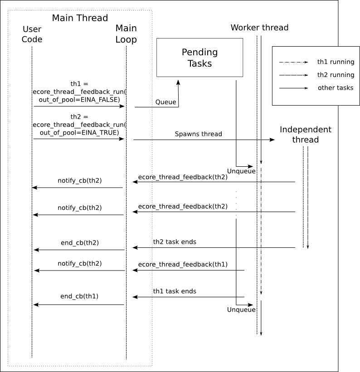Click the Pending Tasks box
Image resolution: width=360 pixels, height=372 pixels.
pos(199,58)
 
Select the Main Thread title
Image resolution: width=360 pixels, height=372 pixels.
pos(80,18)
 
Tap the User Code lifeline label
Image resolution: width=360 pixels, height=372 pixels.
pos(32,34)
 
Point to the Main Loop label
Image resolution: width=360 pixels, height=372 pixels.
pos(126,34)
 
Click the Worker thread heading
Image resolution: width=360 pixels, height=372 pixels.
pos(259,28)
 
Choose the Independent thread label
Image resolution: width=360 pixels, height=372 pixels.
pos(306,135)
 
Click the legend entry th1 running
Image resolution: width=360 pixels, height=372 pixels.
pos(336,62)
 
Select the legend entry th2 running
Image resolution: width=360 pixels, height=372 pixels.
pos(336,75)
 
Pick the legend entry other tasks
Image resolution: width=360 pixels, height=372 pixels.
pos(336,88)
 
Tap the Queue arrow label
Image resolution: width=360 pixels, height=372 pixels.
pos(165,102)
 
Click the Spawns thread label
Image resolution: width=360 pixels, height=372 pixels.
pos(199,134)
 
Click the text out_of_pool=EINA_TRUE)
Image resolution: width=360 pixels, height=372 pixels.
pos(79,132)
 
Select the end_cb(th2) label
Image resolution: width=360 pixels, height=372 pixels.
pos(80,243)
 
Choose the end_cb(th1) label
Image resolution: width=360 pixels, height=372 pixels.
pos(79,296)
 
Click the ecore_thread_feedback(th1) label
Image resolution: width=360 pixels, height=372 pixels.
pos(183,264)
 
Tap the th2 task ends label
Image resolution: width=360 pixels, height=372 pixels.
pos(175,242)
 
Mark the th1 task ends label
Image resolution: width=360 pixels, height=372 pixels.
pos(175,291)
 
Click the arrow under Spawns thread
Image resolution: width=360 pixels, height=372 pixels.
pos(204,140)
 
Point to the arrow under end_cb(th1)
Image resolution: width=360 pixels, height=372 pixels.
pos(79,304)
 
